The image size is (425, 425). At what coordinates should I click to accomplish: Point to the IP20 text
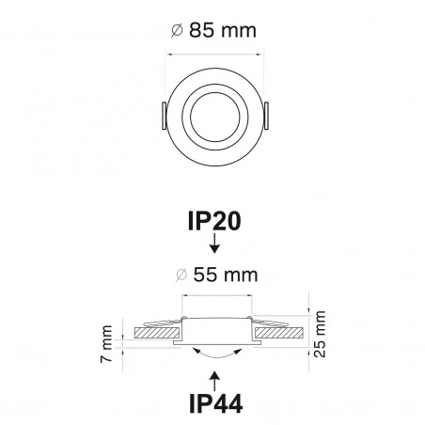(214, 222)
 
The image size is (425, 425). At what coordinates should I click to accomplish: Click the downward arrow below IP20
(214, 247)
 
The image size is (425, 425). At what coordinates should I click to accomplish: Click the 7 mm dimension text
(108, 344)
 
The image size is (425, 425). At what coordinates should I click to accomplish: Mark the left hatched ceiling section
(156, 332)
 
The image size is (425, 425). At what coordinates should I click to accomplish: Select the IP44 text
(214, 404)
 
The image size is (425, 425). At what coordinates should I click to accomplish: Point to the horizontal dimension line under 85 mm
(214, 53)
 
